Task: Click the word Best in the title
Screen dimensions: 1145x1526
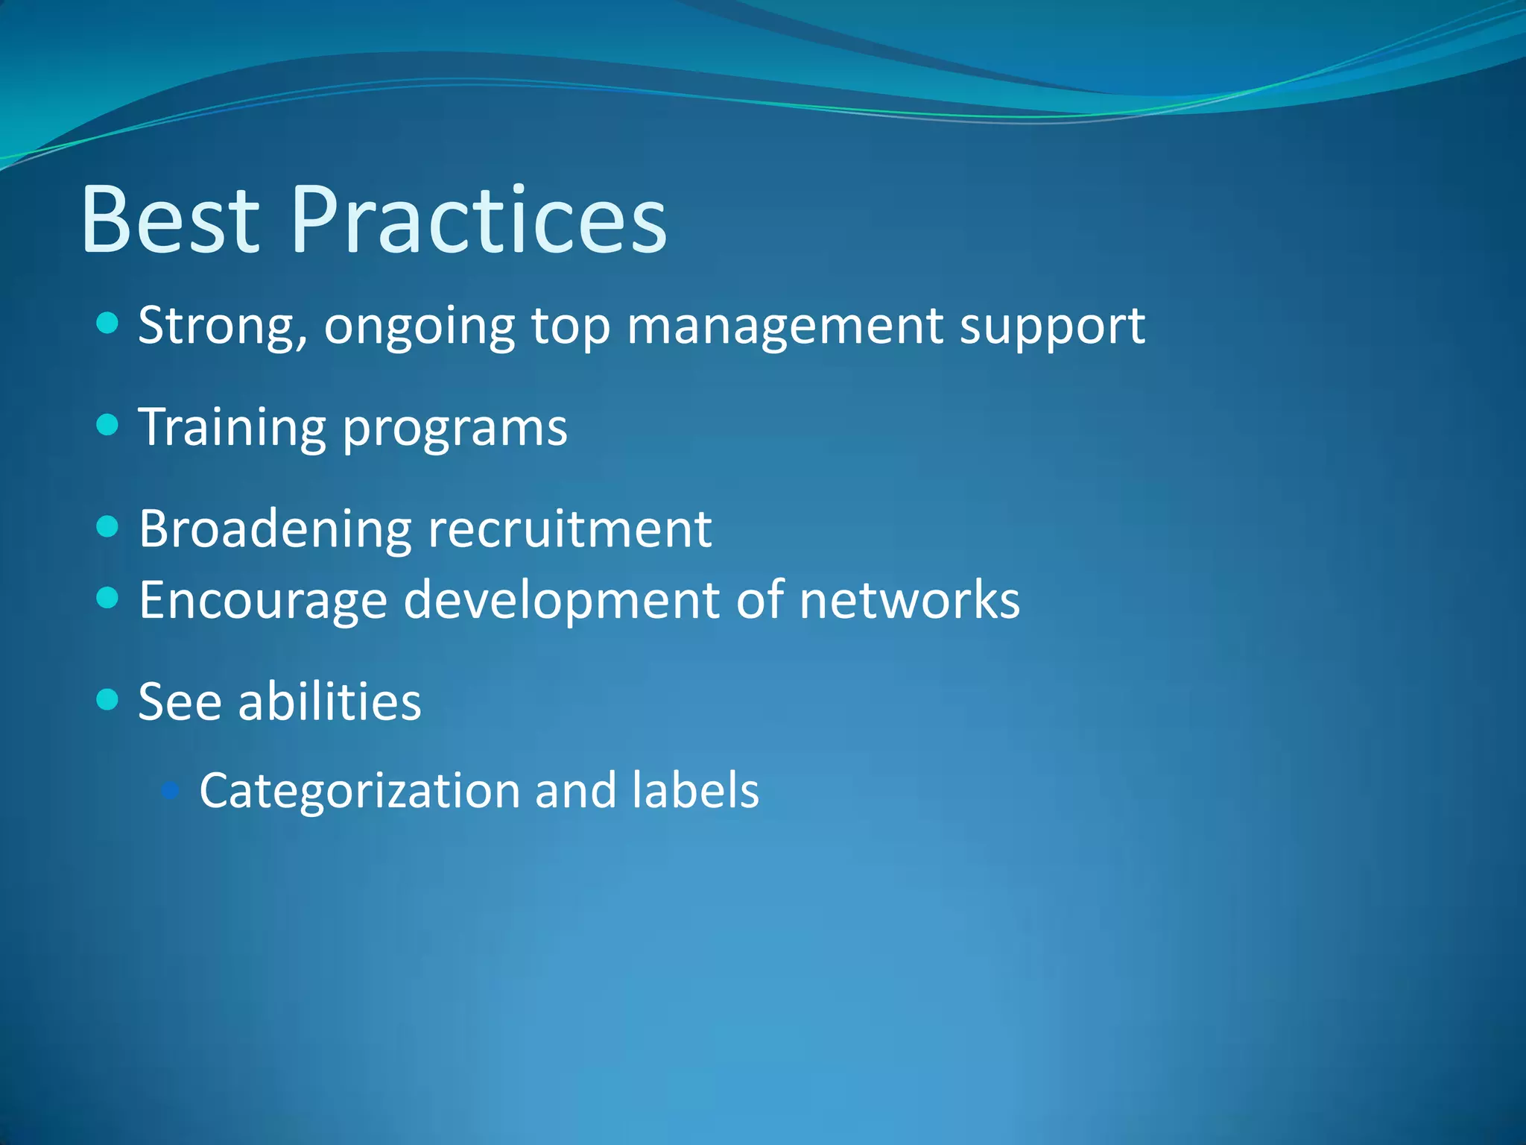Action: pyautogui.click(x=170, y=220)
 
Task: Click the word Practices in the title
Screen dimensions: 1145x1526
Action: pyautogui.click(x=479, y=220)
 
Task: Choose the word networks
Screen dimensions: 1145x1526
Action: pyautogui.click(x=909, y=599)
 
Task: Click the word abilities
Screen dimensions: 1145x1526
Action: pyautogui.click(x=329, y=702)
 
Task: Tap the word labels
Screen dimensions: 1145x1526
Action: pyautogui.click(x=694, y=790)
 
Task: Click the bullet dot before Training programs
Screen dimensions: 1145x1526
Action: pyautogui.click(x=108, y=425)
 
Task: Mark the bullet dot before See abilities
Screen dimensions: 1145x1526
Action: pyautogui.click(x=108, y=699)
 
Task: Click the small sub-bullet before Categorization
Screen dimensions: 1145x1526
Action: pyautogui.click(x=171, y=789)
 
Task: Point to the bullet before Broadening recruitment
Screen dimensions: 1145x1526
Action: pyautogui.click(x=108, y=527)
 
